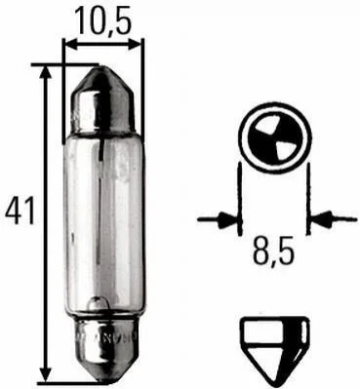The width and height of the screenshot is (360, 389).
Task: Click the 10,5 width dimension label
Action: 102,20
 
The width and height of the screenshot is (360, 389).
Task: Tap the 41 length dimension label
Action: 20,212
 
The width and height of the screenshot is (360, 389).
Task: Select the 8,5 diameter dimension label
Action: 274,251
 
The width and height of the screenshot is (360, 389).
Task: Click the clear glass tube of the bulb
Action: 103,225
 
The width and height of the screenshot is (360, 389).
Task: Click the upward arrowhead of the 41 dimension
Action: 48,73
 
